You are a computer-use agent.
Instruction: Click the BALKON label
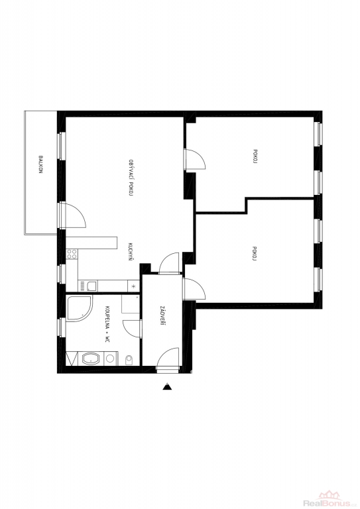tap(40, 164)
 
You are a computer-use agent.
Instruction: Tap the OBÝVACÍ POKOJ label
tap(131, 177)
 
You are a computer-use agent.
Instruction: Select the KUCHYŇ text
tap(131, 253)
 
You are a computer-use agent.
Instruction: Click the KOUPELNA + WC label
tap(106, 324)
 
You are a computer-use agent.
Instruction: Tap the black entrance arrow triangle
tap(167, 386)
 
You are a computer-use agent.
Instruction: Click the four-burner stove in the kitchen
tap(72, 254)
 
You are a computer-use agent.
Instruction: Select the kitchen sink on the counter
tap(91, 286)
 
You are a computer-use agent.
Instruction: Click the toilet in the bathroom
tap(129, 359)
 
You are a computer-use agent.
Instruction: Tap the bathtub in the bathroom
tap(91, 359)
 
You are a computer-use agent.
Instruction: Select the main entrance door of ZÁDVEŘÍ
tap(168, 358)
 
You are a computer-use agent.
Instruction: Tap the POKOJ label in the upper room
tap(255, 158)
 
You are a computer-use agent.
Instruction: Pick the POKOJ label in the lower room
tap(255, 254)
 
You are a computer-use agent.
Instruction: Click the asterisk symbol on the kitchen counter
tap(133, 286)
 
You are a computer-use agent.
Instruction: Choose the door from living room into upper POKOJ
tap(195, 159)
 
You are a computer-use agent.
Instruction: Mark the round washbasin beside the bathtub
tap(110, 359)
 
